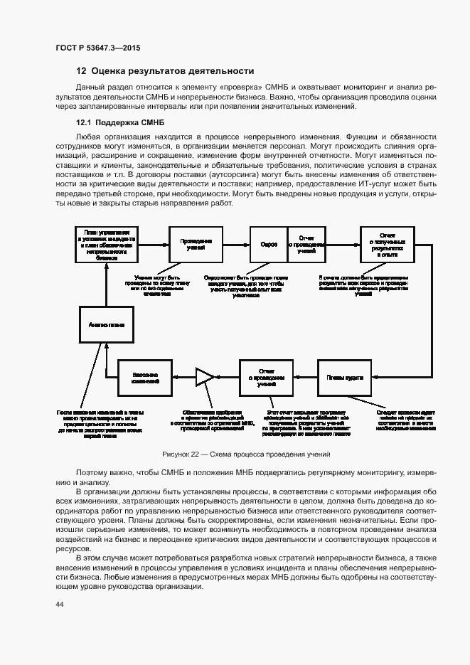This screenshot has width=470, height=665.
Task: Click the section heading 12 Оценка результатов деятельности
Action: click(x=165, y=71)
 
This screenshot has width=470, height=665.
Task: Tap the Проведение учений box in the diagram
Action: click(x=195, y=244)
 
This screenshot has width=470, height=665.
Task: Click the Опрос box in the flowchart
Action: click(x=269, y=244)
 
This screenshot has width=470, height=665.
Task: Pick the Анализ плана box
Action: click(x=107, y=324)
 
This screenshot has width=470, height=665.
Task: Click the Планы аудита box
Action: click(x=341, y=378)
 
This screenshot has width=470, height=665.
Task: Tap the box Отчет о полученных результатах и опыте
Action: click(x=387, y=244)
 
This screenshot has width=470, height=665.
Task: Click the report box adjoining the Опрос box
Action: click(x=306, y=244)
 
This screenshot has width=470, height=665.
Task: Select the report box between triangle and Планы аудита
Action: click(x=266, y=378)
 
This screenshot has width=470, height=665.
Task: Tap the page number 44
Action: click(x=59, y=605)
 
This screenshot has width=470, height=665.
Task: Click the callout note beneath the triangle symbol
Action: click(x=212, y=420)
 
